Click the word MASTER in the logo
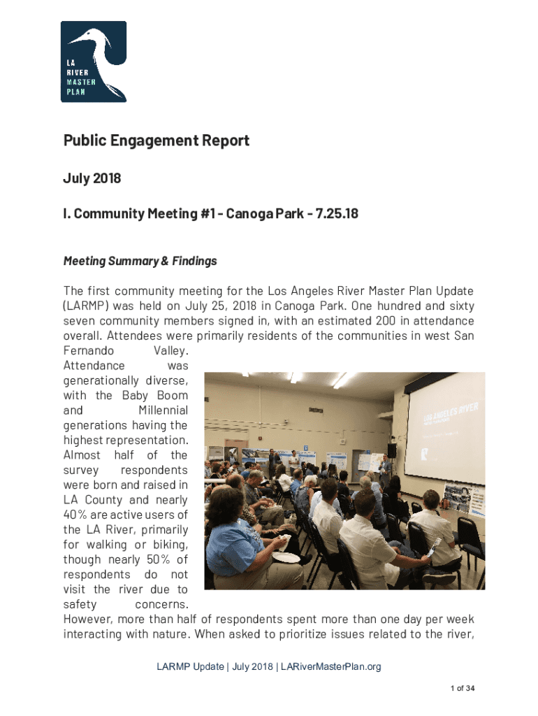[81, 82]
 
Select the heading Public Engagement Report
[157, 141]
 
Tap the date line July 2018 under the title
[92, 178]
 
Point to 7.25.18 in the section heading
[335, 213]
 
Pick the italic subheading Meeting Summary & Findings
[140, 261]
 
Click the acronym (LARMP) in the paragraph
[88, 306]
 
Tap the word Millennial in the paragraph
[163, 410]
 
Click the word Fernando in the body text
[88, 350]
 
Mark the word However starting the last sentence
[88, 619]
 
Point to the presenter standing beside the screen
[385, 470]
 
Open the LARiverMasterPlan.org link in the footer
[330, 666]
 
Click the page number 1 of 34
[463, 689]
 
